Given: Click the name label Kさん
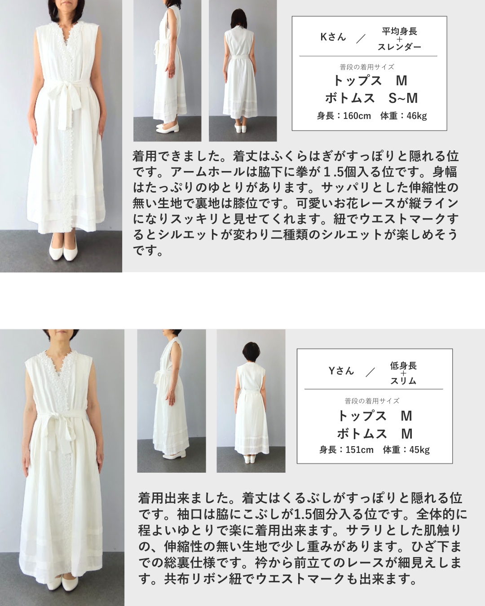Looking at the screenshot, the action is (333, 37).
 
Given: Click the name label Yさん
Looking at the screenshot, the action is (341, 371).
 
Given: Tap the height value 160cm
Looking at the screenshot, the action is (357, 116).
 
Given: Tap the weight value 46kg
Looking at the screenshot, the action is (417, 116).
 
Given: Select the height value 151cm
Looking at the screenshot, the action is (360, 450).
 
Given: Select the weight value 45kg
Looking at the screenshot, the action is (419, 450).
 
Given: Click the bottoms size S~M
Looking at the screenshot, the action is (403, 98).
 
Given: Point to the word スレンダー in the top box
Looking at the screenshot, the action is (399, 47).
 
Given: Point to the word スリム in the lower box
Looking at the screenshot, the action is (403, 381).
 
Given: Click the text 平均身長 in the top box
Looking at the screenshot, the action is (399, 31).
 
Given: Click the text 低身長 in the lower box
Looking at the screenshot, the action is (403, 366).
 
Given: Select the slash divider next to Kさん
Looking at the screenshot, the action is (361, 39).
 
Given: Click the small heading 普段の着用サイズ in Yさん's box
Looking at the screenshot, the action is (372, 401).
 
